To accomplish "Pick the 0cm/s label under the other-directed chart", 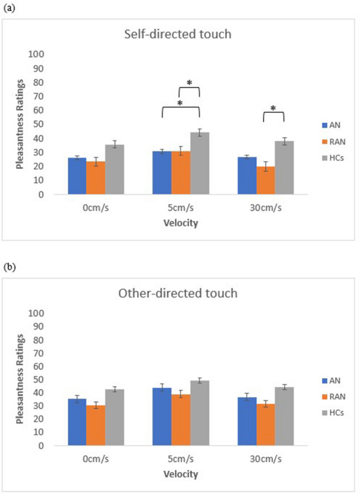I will tap(95, 460).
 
